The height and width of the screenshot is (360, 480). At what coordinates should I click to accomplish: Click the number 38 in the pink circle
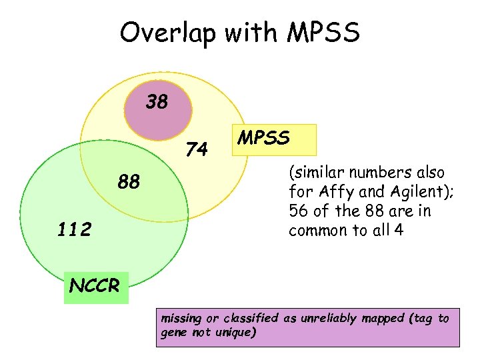[x=157, y=102]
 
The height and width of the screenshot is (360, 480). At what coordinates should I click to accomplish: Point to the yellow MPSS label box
[x=273, y=139]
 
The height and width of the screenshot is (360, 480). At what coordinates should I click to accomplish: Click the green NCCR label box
[x=95, y=286]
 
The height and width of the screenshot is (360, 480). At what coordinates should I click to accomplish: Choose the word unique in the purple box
[x=235, y=332]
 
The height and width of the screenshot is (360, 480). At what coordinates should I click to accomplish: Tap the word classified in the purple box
[x=249, y=318]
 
